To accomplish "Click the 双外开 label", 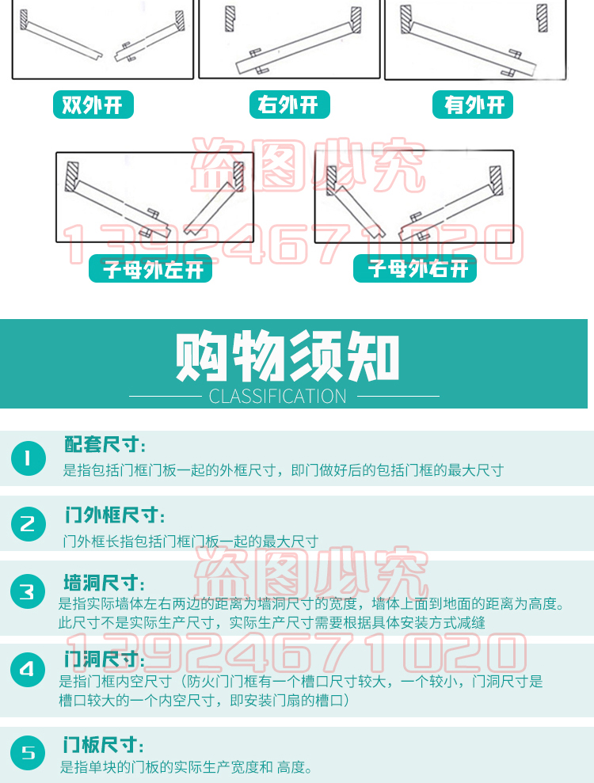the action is pyautogui.click(x=93, y=105).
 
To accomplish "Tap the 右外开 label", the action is pyautogui.click(x=289, y=105).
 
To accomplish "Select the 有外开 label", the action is pyautogui.click(x=473, y=105).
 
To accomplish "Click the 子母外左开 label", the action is pyautogui.click(x=150, y=268).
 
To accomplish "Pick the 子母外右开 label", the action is pyautogui.click(x=415, y=268).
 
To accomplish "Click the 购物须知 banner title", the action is pyautogui.click(x=287, y=355).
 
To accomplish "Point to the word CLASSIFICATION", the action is pyautogui.click(x=278, y=397).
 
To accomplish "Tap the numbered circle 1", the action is pyautogui.click(x=28, y=458).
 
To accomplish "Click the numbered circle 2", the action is pyautogui.click(x=28, y=524).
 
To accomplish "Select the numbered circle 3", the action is pyautogui.click(x=28, y=591).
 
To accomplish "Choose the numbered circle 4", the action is pyautogui.click(x=28, y=670).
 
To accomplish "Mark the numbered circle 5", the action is pyautogui.click(x=28, y=753).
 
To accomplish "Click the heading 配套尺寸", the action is pyautogui.click(x=105, y=444).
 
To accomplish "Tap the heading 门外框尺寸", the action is pyautogui.click(x=114, y=515).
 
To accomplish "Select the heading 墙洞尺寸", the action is pyautogui.click(x=104, y=583).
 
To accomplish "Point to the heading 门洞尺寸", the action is pyautogui.click(x=104, y=659).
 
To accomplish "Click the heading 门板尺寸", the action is pyautogui.click(x=104, y=744).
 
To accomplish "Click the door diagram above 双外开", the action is pyautogui.click(x=102, y=39).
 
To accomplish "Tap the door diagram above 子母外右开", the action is pyautogui.click(x=414, y=196).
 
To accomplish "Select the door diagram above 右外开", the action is pyautogui.click(x=289, y=39).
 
